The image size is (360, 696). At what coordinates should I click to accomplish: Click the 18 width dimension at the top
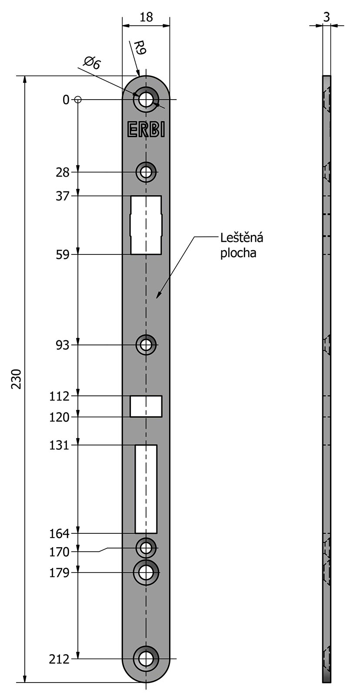pyautogui.click(x=146, y=17)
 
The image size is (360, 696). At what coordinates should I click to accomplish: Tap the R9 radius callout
pyautogui.click(x=140, y=47)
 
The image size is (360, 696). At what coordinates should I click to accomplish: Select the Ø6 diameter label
pyautogui.click(x=92, y=63)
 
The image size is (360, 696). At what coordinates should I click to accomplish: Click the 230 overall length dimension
pyautogui.click(x=16, y=379)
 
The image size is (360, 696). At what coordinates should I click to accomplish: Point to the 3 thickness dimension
pyautogui.click(x=326, y=17)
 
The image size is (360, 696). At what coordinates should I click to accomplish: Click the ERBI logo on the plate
pyautogui.click(x=146, y=129)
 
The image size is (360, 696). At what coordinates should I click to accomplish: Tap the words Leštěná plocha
pyautogui.click(x=242, y=245)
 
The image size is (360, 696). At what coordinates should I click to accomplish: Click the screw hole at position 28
pyautogui.click(x=146, y=172)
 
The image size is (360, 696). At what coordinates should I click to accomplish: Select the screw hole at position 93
pyautogui.click(x=146, y=345)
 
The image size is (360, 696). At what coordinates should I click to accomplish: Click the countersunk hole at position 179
pyautogui.click(x=146, y=572)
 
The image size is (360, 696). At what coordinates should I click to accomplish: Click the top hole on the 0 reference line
pyautogui.click(x=146, y=100)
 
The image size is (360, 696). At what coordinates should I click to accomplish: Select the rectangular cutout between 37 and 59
pyautogui.click(x=146, y=225)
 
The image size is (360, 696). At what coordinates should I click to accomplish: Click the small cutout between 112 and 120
pyautogui.click(x=146, y=406)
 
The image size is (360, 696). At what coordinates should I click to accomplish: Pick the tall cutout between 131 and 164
pyautogui.click(x=146, y=489)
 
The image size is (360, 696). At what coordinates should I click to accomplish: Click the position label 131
pyautogui.click(x=59, y=445)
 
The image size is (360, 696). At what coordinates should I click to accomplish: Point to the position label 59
pyautogui.click(x=63, y=255)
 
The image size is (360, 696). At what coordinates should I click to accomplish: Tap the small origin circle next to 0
pyautogui.click(x=78, y=100)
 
